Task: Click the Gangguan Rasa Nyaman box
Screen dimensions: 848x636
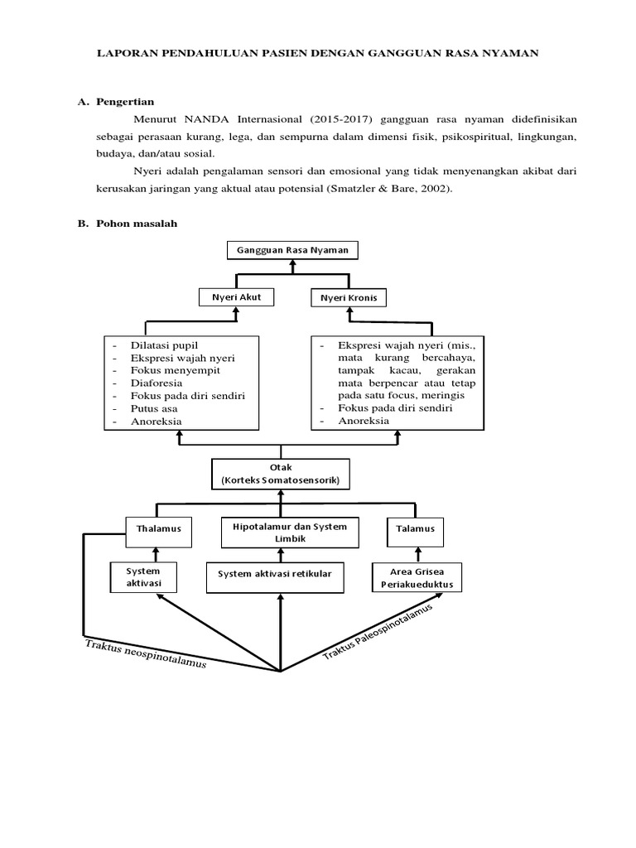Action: click(292, 250)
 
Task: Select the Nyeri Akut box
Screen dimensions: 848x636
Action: click(236, 296)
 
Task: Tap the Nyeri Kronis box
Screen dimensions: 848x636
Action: click(349, 296)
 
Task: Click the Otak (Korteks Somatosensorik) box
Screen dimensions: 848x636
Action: click(281, 475)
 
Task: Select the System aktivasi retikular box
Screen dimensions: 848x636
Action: click(274, 574)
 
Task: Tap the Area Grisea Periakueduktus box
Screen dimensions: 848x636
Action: click(417, 577)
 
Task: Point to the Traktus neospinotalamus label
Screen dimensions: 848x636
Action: click(145, 654)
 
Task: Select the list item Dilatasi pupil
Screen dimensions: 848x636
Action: click(164, 344)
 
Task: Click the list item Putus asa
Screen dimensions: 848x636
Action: click(154, 408)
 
